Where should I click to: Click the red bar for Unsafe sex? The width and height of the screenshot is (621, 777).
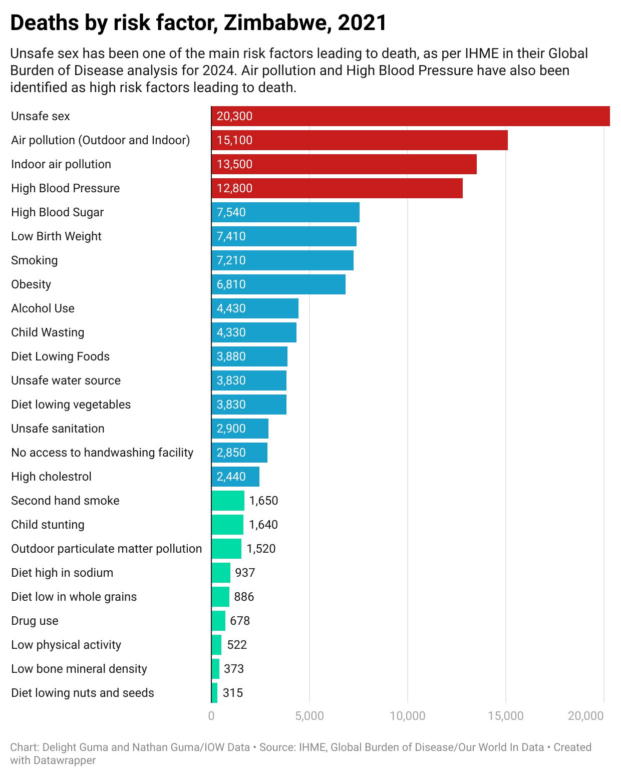click(x=411, y=116)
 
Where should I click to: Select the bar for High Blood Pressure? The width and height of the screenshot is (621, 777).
click(x=337, y=188)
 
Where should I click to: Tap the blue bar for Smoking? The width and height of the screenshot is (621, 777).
click(x=282, y=260)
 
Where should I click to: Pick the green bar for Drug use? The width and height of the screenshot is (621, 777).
click(x=218, y=621)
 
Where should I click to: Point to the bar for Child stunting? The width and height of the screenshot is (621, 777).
click(x=227, y=525)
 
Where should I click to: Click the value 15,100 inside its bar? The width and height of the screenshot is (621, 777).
click(x=234, y=140)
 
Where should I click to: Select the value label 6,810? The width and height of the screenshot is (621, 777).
click(x=231, y=284)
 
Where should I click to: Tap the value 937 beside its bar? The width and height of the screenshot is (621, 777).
click(x=245, y=573)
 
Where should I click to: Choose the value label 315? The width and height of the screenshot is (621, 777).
click(x=233, y=693)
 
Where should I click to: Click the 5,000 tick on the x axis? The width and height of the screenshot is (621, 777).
click(x=309, y=716)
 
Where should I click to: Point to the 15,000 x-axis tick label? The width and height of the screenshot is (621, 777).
click(x=506, y=716)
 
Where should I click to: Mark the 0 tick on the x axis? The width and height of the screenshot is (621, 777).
click(x=211, y=716)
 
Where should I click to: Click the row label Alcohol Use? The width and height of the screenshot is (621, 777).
click(x=43, y=308)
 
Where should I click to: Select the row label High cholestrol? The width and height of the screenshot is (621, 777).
click(x=51, y=477)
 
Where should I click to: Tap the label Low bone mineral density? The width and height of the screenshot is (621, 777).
click(x=79, y=669)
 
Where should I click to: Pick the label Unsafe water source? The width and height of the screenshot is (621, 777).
click(x=66, y=380)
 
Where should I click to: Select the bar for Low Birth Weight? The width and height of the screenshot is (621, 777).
click(x=284, y=236)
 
